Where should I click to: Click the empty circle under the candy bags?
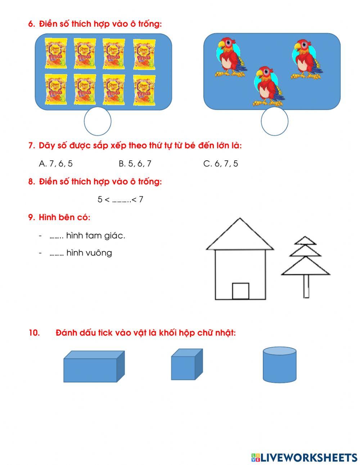98,121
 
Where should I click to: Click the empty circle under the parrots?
274,121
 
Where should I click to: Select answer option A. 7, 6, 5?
56,164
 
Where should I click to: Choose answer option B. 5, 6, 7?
135,164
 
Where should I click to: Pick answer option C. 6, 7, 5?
221,164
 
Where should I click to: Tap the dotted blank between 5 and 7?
121,200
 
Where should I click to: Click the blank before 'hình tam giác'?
57,236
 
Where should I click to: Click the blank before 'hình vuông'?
57,253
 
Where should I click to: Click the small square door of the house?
240,291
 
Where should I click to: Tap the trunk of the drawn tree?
306,286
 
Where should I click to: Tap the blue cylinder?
279,365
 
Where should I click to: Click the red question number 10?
34,333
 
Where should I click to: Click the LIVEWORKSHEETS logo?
304,457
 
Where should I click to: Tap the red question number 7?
31,146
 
